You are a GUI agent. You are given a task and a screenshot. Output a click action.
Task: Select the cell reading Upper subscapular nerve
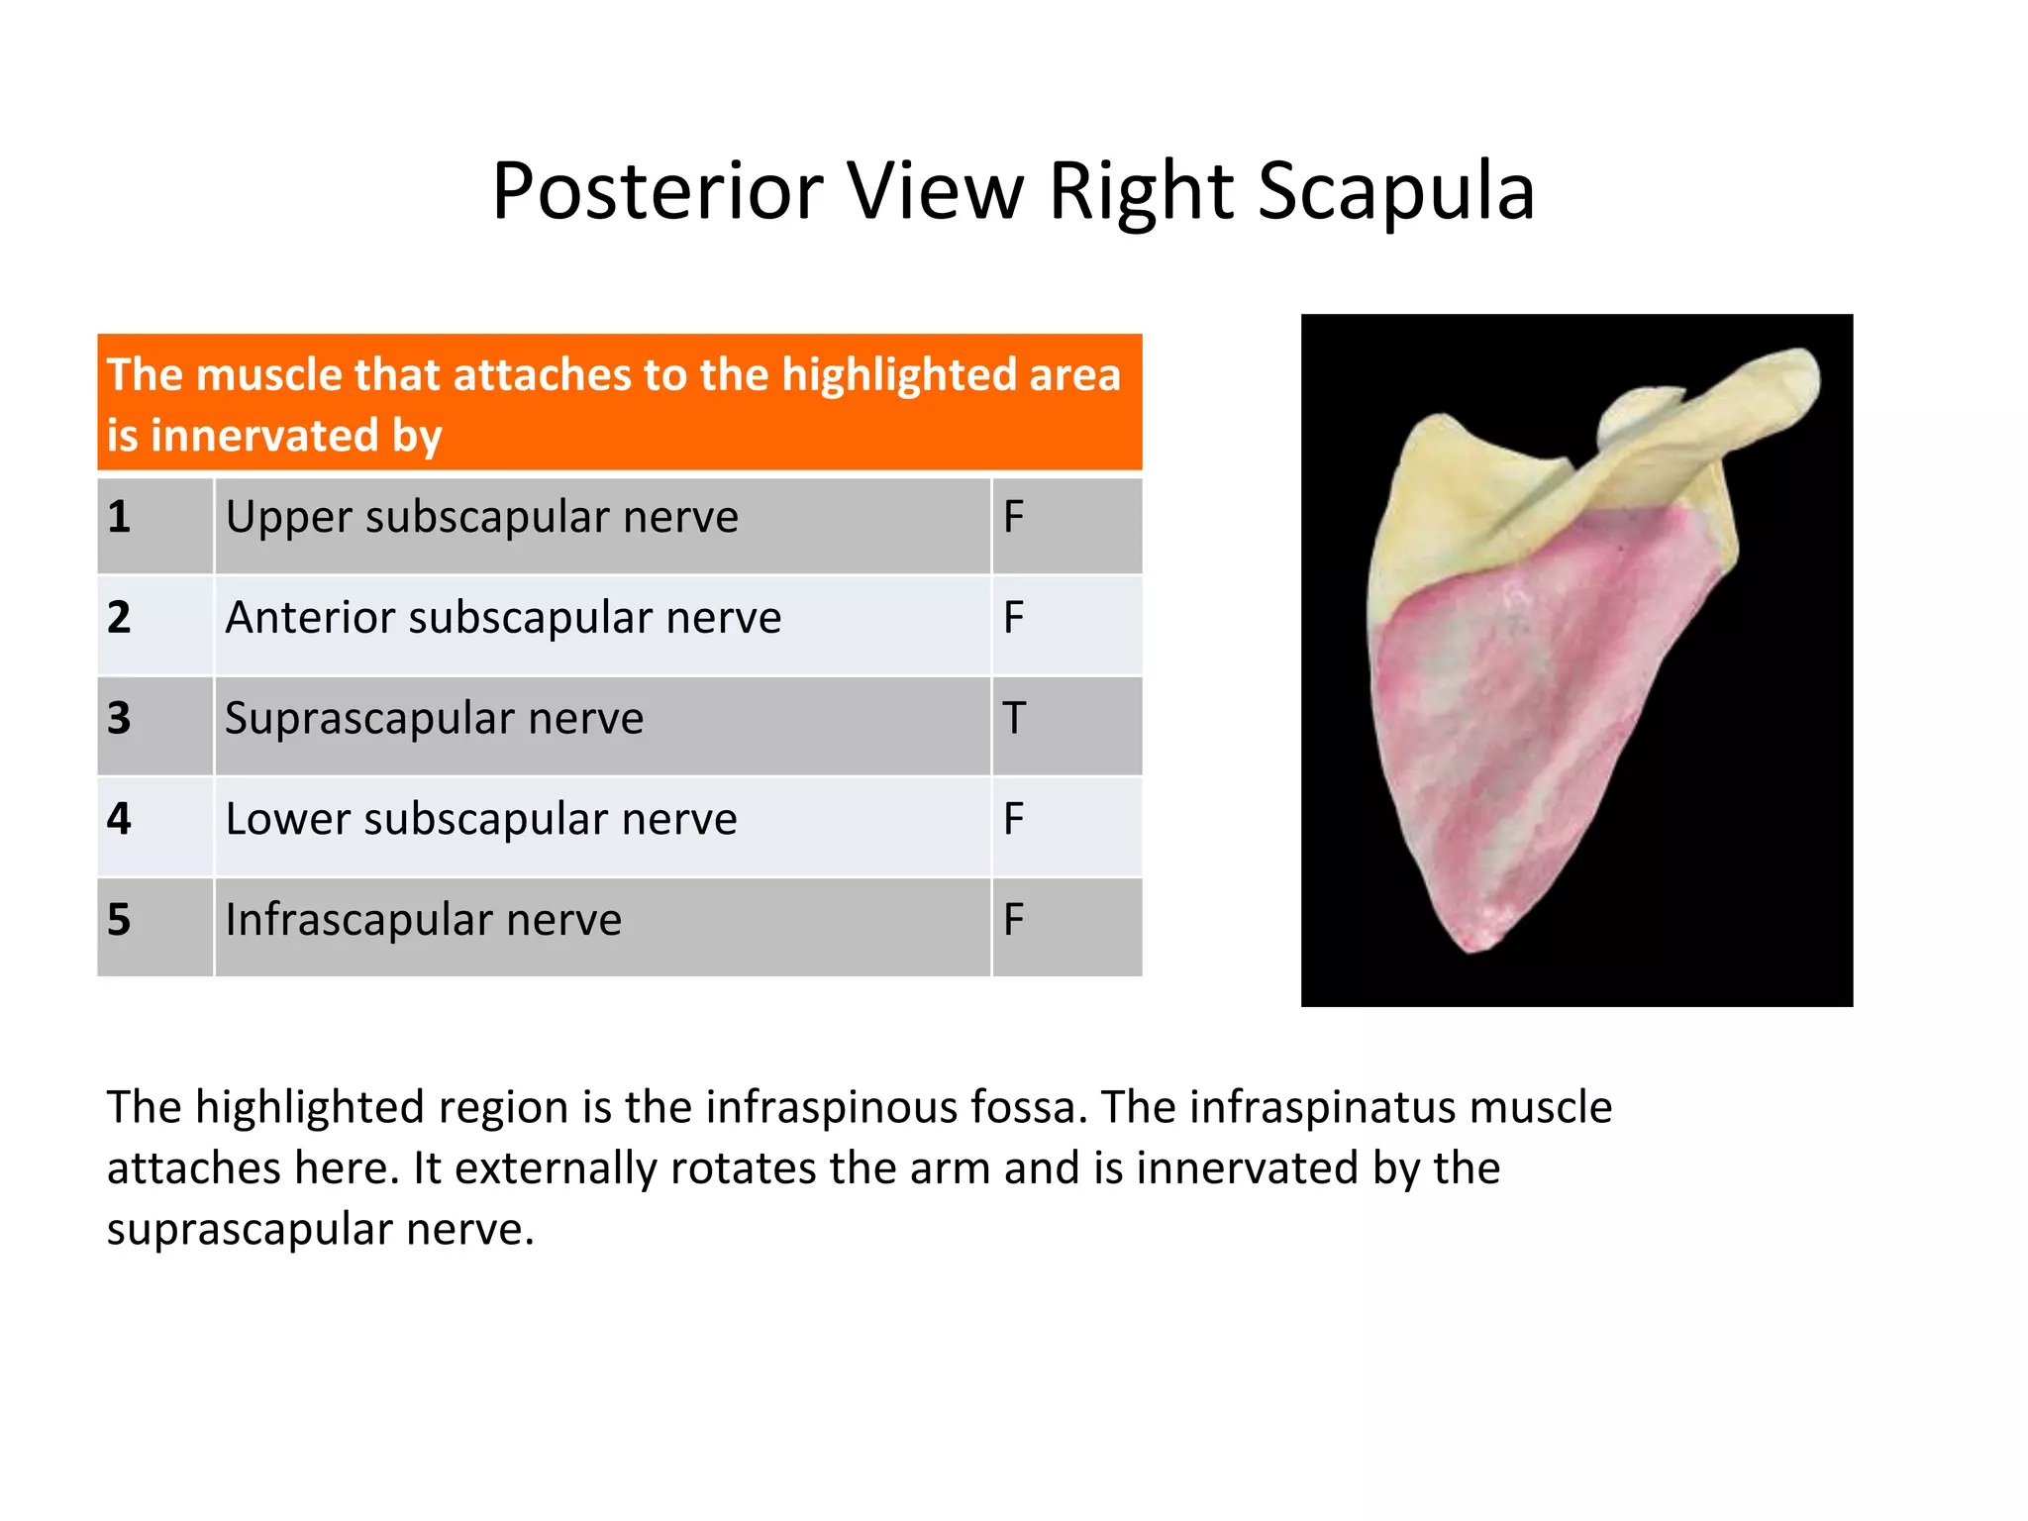[481, 518]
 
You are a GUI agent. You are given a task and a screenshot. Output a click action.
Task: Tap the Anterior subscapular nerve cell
[503, 619]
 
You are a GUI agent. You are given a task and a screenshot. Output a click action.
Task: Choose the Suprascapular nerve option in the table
[434, 719]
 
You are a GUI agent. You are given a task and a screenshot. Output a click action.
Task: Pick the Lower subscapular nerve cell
[481, 820]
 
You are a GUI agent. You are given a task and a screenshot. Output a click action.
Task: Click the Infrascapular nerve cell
[423, 920]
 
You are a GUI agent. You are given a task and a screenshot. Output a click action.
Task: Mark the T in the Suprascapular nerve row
[1014, 719]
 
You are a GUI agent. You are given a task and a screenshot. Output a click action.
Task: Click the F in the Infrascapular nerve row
[1013, 920]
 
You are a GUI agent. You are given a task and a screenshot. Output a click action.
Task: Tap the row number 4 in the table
[119, 820]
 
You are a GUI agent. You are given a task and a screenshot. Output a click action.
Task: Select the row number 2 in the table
[119, 619]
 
